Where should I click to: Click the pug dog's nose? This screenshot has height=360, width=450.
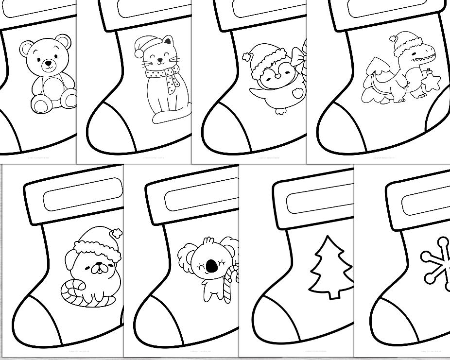click(99, 265)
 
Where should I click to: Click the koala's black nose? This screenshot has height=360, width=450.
click(211, 266)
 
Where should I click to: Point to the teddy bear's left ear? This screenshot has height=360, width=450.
click(27, 47)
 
